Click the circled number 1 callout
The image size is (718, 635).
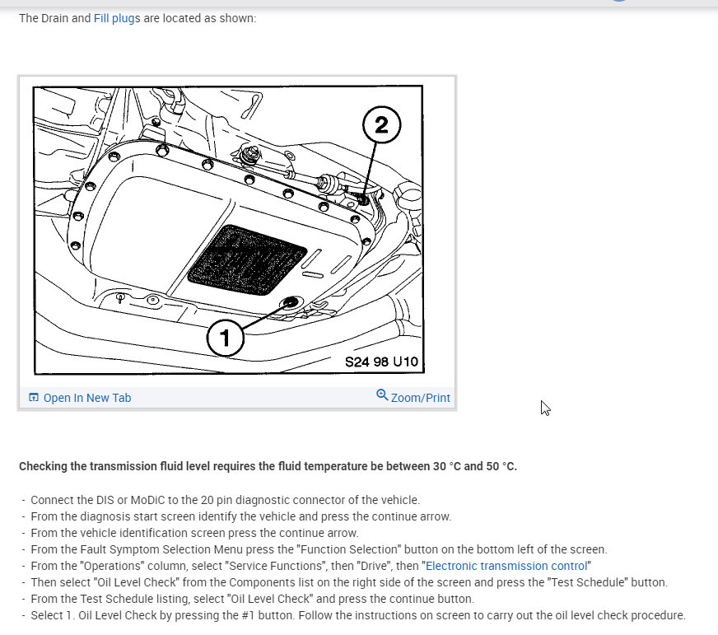coord(225,339)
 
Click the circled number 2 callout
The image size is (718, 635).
coord(381,124)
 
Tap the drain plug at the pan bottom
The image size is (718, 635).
coord(291,302)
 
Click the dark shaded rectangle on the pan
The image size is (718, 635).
coord(247,259)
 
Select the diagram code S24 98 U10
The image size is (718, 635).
coord(381,362)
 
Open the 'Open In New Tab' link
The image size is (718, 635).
coord(87,398)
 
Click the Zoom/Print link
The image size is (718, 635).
coord(421,398)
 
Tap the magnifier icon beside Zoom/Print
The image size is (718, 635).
coord(382,395)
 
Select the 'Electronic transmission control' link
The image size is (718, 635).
coord(506,566)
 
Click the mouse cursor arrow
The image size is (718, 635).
coord(545,408)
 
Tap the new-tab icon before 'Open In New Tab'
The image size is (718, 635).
coord(34,397)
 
